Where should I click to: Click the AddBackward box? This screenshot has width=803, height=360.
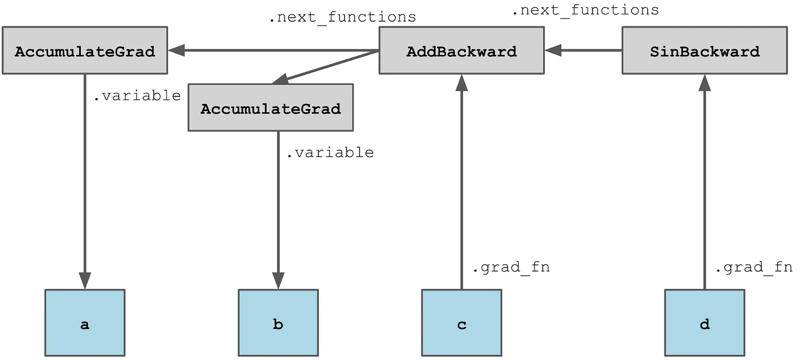pos(461,51)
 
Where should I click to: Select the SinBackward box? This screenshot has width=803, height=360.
pos(704,51)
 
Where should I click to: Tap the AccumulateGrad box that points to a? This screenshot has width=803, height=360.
pos(85,51)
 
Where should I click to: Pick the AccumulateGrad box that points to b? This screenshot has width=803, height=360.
pos(271,108)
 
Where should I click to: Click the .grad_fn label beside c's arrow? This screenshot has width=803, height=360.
pos(510,268)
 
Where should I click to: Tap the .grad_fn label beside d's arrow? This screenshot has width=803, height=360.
pos(753,268)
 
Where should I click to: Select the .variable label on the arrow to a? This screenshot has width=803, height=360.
pos(137,96)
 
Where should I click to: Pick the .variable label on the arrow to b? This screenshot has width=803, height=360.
pos(329,153)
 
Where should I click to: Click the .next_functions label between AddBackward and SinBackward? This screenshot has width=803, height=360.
pos(585,10)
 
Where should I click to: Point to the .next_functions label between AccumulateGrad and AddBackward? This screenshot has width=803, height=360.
pos(342,18)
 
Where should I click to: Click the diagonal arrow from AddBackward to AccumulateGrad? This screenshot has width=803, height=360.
pos(327,66)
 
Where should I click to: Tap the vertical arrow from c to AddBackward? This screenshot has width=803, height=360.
pos(461,183)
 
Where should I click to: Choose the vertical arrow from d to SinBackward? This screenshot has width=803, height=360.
pos(704,183)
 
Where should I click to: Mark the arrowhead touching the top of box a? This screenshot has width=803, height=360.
pos(85,281)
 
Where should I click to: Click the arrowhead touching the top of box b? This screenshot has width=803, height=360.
pos(278,281)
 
